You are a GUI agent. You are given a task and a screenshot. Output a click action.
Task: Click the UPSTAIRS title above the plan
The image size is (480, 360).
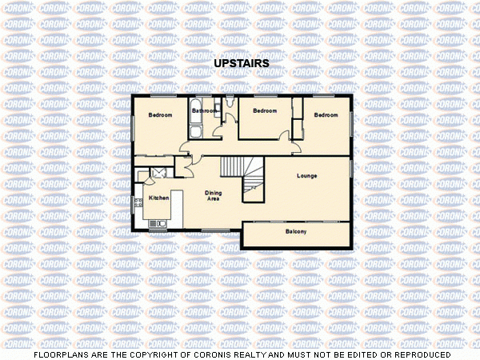[x=241, y=62]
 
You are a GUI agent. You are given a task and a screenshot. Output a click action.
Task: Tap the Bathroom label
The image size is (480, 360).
[x=204, y=110]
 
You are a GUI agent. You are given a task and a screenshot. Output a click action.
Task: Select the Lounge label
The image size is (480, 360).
[x=306, y=175]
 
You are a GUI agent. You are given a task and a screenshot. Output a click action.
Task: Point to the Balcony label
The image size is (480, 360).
[x=296, y=232]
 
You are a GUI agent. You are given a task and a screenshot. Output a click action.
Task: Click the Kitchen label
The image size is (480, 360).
[x=158, y=197]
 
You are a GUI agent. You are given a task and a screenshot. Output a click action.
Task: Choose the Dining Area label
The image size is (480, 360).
[x=213, y=195]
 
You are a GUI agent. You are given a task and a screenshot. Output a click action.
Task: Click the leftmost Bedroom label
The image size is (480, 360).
[x=161, y=115]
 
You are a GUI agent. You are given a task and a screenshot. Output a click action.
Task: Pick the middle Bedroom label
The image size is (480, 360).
[x=264, y=110]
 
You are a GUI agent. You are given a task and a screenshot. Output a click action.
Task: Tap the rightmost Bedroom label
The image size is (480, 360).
[x=326, y=115]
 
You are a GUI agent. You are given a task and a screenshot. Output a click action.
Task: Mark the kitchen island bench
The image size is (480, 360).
[x=178, y=206]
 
